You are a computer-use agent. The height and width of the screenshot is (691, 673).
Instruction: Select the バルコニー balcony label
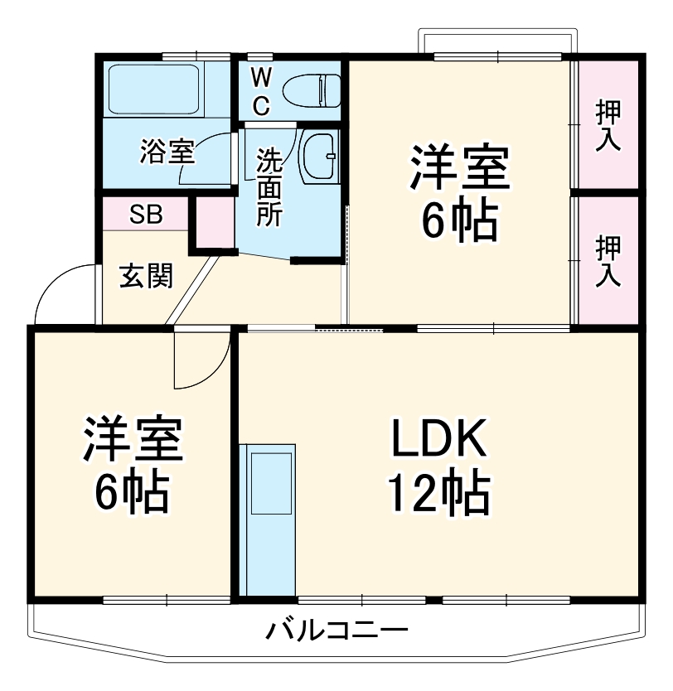pos(336,632)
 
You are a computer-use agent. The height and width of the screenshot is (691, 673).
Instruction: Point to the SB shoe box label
pos(146,215)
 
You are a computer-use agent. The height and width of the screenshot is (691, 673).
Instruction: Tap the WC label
pos(260,92)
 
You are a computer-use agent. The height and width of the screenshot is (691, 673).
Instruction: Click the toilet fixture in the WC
pos(312,89)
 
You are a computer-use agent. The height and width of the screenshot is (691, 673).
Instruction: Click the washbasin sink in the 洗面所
pos(319,157)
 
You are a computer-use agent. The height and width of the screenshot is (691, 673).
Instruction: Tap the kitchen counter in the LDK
pos(267,518)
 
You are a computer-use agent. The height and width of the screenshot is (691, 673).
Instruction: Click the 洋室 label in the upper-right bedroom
pos(458,170)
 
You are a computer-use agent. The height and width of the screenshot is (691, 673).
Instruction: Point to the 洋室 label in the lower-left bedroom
pos(131,441)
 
